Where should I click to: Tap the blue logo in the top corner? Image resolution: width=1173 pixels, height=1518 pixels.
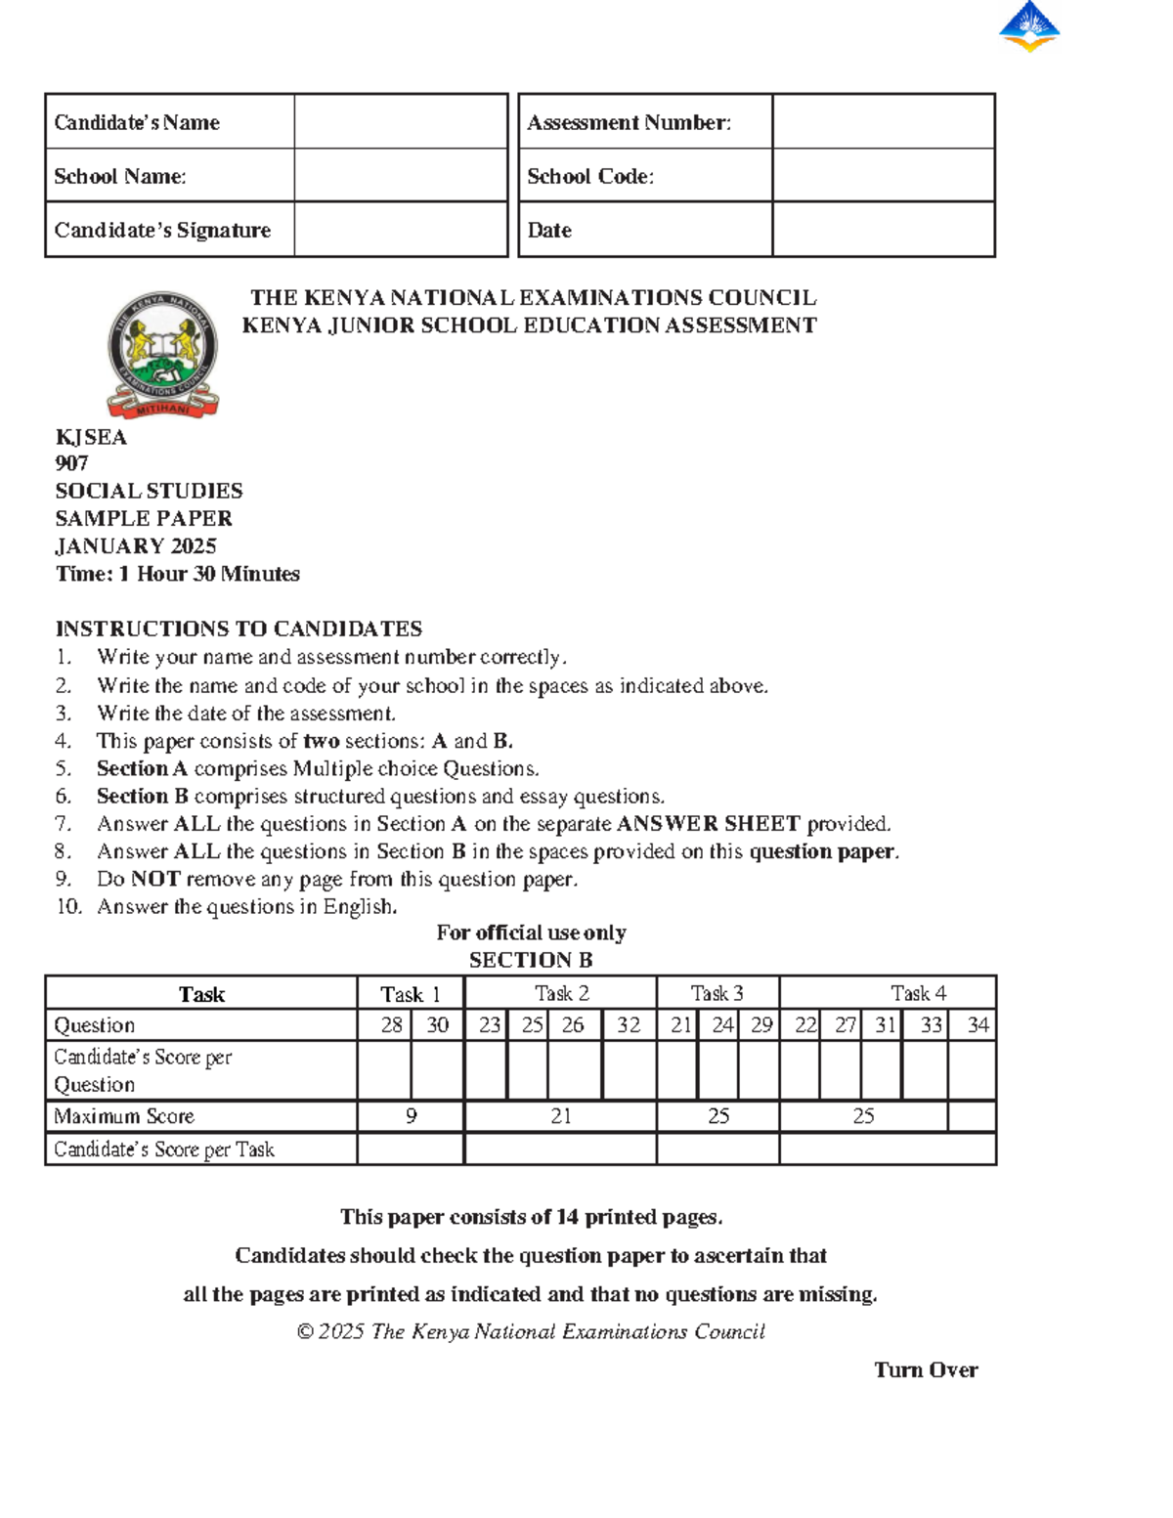(x=1029, y=26)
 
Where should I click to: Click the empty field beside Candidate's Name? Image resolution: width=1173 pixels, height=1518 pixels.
(x=401, y=122)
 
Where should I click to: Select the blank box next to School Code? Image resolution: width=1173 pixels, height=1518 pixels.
(x=883, y=176)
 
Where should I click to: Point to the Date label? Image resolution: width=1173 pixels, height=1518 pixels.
(x=549, y=231)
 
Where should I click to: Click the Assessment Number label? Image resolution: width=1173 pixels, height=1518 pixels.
(x=629, y=122)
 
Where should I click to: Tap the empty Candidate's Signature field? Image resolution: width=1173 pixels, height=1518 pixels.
(x=401, y=231)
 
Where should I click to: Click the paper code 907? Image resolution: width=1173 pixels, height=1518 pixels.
(x=72, y=463)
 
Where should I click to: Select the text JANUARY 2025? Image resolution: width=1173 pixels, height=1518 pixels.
(x=136, y=546)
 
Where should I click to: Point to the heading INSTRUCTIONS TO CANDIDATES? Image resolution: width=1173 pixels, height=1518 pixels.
(x=239, y=629)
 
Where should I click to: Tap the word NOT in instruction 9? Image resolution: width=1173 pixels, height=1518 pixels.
(x=155, y=879)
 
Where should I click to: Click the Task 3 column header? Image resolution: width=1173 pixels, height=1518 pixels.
(x=717, y=993)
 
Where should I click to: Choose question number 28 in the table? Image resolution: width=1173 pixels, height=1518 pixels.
(x=391, y=1024)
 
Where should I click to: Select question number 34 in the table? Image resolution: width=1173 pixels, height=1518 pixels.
(x=977, y=1024)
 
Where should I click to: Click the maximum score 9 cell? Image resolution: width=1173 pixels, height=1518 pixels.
(x=412, y=1116)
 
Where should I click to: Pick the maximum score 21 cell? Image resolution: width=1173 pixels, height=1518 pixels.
(x=561, y=1116)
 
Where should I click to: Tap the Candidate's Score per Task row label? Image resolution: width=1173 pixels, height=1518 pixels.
(x=164, y=1149)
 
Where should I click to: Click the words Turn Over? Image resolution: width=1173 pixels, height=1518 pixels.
(x=926, y=1370)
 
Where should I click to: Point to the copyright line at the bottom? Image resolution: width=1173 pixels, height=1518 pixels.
(x=531, y=1331)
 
